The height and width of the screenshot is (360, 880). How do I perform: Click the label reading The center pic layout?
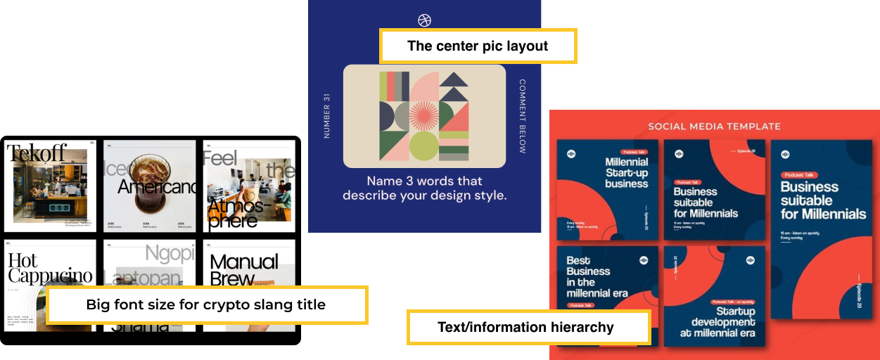click(478, 46)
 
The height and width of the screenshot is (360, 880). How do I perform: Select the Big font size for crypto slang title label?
click(206, 304)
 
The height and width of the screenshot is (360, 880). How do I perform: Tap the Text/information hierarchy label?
click(526, 327)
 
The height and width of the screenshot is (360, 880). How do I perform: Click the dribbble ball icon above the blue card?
click(424, 20)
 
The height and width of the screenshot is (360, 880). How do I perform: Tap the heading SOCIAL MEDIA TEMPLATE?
click(714, 127)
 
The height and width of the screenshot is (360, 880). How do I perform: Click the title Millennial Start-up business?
click(626, 173)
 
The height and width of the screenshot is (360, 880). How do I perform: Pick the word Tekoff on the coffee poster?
click(37, 153)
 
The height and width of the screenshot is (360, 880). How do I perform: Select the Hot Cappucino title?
click(49, 268)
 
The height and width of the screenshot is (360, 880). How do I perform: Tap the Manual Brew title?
click(243, 269)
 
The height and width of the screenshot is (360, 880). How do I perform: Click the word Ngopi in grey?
click(169, 253)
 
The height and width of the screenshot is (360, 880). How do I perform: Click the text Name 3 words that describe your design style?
click(424, 188)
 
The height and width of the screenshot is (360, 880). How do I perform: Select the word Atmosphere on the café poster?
click(236, 212)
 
